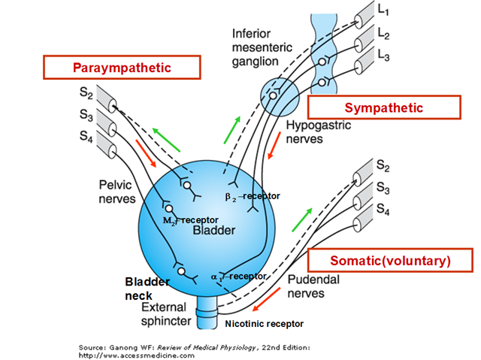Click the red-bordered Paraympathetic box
tap(122, 68)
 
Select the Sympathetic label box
tap(383, 107)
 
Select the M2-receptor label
tap(190, 219)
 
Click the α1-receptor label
tap(239, 276)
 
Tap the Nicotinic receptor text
tap(264, 323)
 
